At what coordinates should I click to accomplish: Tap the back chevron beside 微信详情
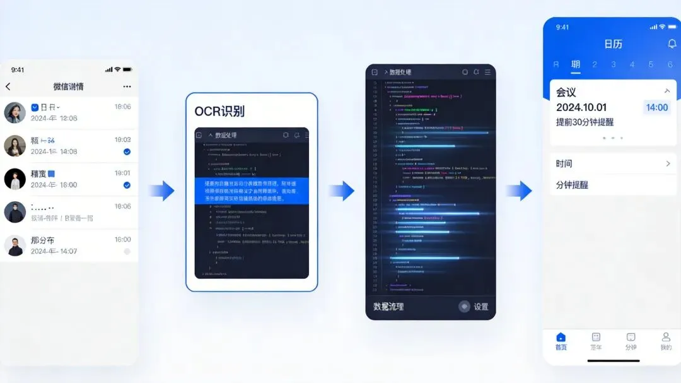[8, 86]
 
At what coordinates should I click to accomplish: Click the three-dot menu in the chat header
[127, 86]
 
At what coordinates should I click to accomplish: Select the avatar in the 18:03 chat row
[15, 146]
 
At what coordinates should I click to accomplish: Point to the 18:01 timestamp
[122, 173]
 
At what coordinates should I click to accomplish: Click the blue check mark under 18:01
[127, 185]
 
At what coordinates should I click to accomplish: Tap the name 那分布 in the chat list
[42, 240]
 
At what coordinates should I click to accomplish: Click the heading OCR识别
[219, 112]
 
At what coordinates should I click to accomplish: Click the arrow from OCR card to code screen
[341, 191]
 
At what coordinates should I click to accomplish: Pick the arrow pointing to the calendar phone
[519, 191]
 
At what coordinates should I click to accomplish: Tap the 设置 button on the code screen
[474, 307]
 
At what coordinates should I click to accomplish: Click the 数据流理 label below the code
[388, 307]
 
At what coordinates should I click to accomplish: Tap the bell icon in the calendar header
[672, 44]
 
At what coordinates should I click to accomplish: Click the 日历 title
[613, 44]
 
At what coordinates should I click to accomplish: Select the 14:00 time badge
[657, 107]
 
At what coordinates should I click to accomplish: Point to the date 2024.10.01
[581, 107]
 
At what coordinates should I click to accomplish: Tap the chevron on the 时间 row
[668, 164]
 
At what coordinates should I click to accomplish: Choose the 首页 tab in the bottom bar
[561, 341]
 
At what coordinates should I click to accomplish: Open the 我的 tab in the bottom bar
[666, 341]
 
